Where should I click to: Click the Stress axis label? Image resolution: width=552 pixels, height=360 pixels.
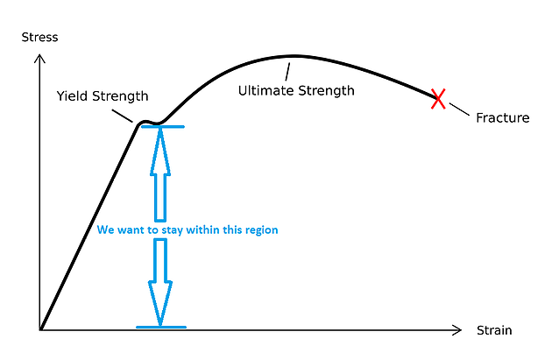pos(39,38)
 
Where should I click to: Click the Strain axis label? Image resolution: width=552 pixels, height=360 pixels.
pos(494,330)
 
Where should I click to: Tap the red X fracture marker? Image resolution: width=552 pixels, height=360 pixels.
pos(438,99)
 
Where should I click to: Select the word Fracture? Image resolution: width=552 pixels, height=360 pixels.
pos(503,118)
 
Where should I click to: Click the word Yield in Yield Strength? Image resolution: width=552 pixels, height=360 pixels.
pos(72,95)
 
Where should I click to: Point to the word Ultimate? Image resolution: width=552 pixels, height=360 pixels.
pos(265,90)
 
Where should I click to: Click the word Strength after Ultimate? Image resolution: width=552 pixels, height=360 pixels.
pos(326,91)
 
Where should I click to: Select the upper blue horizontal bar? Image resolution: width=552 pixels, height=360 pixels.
pos(163,127)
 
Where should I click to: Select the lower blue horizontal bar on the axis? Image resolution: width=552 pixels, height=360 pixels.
pos(161,328)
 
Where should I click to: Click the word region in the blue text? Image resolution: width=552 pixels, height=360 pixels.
pos(262,230)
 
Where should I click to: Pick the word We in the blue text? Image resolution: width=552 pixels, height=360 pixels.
pos(105,229)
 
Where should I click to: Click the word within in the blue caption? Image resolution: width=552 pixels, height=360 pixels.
pos(200,229)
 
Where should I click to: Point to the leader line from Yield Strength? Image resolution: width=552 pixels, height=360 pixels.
pos(123,116)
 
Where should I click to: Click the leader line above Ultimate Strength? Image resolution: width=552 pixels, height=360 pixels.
pos(287,72)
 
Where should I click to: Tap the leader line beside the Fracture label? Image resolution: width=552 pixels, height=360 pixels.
pos(459,109)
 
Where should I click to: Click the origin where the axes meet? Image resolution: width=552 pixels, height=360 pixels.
pos(40,330)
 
